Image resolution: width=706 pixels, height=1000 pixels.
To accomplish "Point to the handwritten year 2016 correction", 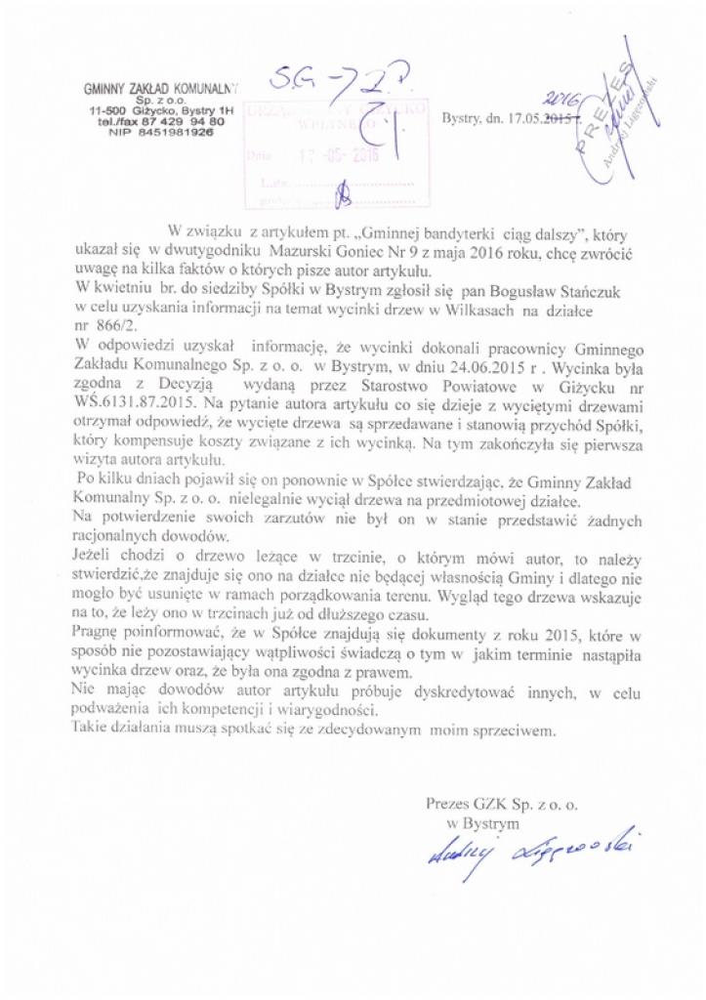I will coord(561,100).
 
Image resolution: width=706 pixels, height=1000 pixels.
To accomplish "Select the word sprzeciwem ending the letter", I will coord(512,729).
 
